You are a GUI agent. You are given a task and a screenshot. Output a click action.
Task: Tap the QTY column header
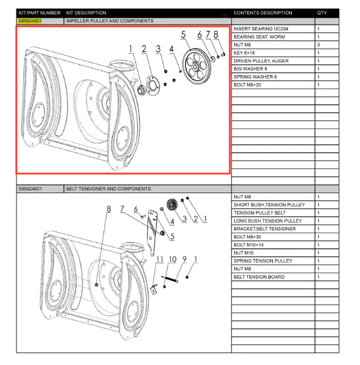click(x=322, y=13)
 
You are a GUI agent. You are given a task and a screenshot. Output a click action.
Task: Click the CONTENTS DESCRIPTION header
click(x=263, y=13)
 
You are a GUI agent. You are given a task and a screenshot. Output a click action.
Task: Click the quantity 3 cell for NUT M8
click(x=319, y=45)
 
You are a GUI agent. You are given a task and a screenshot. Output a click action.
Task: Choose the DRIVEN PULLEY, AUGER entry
click(x=261, y=61)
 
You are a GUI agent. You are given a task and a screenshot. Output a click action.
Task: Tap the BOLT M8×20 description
click(x=247, y=85)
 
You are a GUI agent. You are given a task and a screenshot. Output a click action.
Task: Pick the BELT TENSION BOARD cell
click(x=259, y=277)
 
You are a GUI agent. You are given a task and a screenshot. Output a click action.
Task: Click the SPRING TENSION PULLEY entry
click(x=263, y=261)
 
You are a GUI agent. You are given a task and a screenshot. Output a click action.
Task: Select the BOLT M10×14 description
click(x=249, y=245)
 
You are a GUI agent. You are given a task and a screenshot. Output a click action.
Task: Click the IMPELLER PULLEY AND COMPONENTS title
click(x=109, y=21)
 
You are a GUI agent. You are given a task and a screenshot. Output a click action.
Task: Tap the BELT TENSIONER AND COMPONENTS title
click(x=108, y=189)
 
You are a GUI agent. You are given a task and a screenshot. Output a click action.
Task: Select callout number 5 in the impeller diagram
click(x=184, y=35)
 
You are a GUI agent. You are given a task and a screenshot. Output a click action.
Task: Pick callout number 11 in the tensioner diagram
click(x=160, y=259)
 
